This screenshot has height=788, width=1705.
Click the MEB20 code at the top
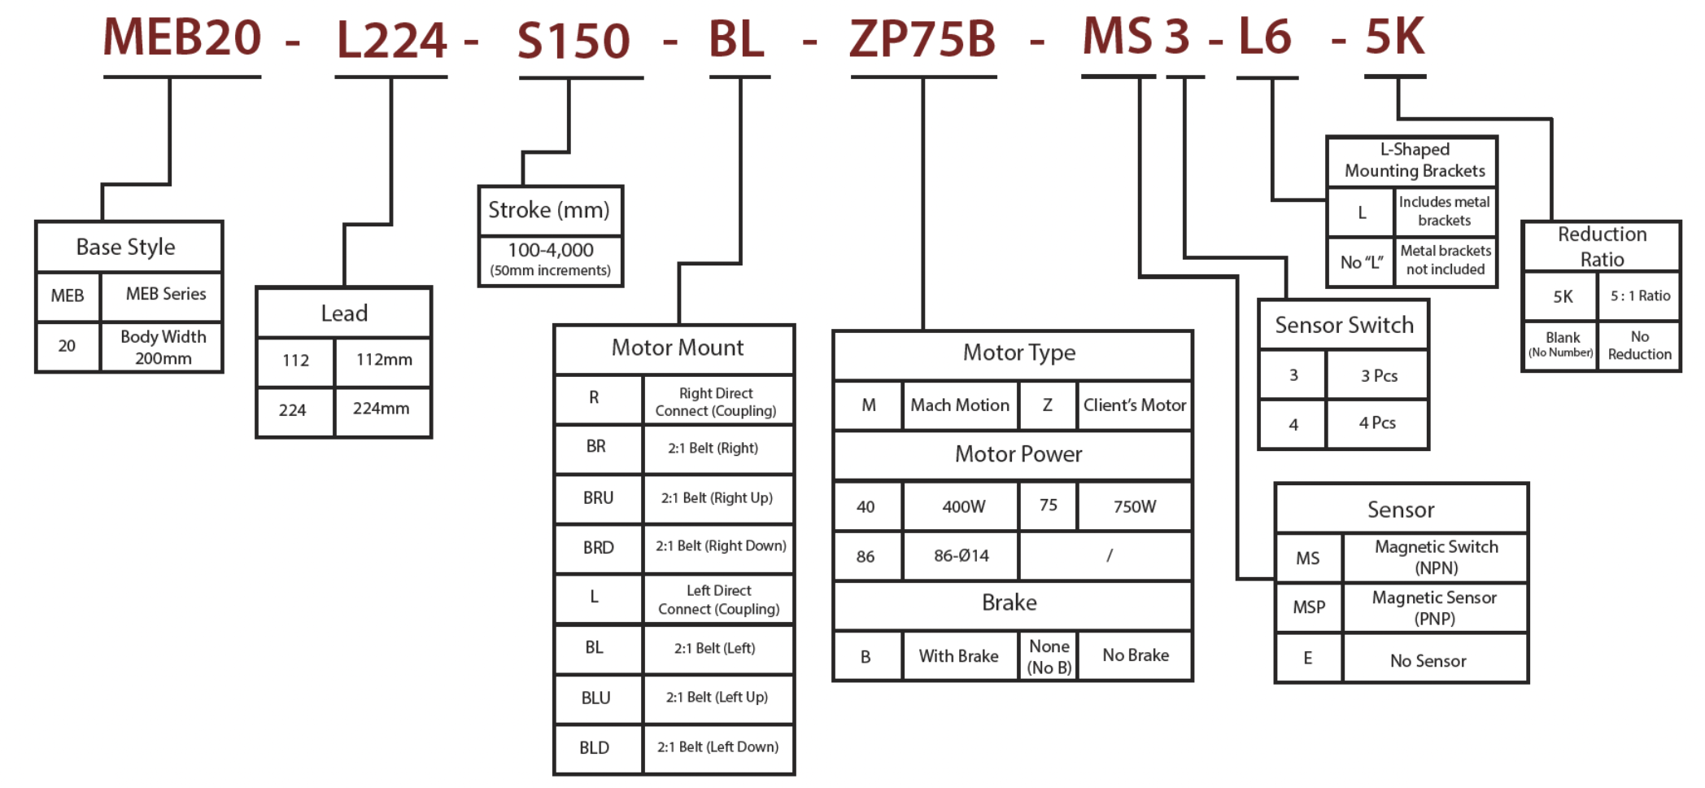(181, 37)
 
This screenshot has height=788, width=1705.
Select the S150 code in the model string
(573, 41)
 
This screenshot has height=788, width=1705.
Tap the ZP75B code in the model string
(922, 39)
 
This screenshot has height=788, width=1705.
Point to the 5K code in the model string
(1394, 37)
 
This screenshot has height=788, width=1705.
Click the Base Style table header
(126, 247)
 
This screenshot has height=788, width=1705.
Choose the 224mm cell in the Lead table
(382, 409)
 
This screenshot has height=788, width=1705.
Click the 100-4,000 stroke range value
(551, 251)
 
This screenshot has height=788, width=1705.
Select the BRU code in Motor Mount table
(598, 498)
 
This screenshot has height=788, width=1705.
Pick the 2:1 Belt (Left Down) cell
(717, 747)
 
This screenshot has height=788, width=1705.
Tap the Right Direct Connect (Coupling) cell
(716, 402)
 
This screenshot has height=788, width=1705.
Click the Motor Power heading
(1018, 454)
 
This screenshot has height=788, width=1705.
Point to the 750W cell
(1134, 507)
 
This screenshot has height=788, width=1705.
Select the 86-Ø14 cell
(961, 556)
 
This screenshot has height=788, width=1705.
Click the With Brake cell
(958, 656)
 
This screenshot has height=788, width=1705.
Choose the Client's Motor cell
(1134, 405)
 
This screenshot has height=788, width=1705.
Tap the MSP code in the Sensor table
(1309, 607)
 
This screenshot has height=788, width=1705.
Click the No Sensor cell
(1428, 661)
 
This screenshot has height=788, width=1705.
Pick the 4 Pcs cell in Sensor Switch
(1376, 423)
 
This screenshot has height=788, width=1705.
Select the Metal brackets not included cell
(1446, 260)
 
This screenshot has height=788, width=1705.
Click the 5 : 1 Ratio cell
(1639, 296)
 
